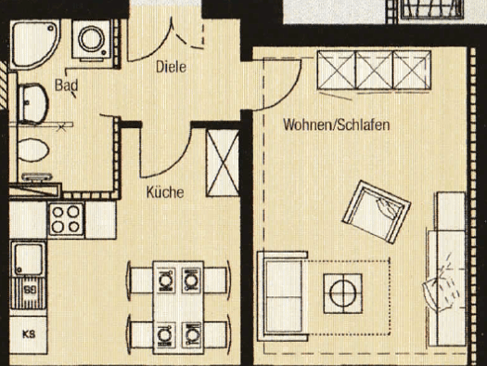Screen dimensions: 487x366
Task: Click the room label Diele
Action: coord(171,67)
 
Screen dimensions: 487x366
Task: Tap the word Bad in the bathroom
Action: coord(66,85)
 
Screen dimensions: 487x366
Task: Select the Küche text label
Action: coord(165,192)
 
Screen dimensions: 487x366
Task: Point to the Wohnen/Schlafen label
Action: coord(337,124)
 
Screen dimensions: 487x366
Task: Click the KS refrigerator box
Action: coord(28,335)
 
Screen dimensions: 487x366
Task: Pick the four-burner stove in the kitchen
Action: coord(66,219)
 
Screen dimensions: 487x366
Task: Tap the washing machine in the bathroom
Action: coord(92,39)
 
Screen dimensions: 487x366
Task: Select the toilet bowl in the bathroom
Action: coord(32,150)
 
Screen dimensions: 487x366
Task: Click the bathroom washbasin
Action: coord(32,103)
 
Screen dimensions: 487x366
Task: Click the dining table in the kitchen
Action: coord(178,307)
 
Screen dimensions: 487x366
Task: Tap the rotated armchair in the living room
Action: coord(377,212)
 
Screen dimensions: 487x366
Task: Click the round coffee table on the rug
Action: coord(343,294)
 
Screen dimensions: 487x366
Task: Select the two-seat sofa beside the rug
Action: coord(282,296)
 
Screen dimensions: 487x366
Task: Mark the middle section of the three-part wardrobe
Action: coord(374,71)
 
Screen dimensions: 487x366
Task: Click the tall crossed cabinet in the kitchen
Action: coord(223,163)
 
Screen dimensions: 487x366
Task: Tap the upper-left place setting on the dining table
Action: coord(165,280)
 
